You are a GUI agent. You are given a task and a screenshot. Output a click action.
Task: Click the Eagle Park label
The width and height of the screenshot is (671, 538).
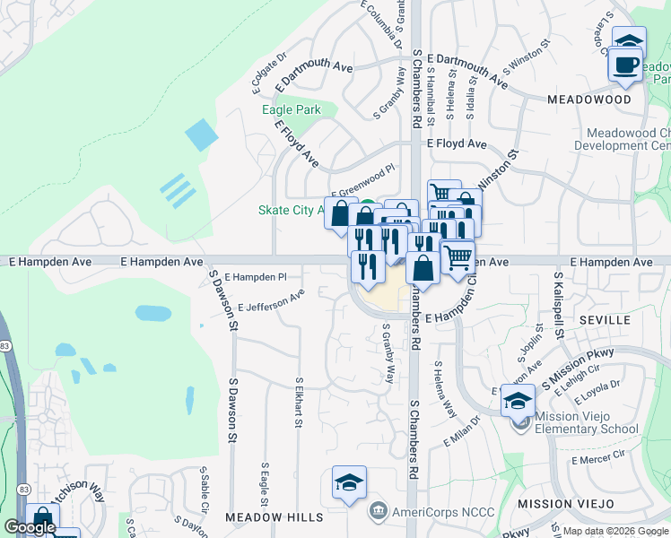click(x=291, y=109)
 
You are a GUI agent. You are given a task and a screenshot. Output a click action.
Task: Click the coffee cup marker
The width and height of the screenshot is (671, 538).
click(x=627, y=64)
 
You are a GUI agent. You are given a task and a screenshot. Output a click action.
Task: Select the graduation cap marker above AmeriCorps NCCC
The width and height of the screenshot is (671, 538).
click(x=349, y=482)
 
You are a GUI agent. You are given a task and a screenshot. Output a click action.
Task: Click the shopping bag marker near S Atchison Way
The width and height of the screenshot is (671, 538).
click(x=42, y=519)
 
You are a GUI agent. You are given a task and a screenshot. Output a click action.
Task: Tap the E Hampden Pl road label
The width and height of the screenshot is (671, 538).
click(x=255, y=277)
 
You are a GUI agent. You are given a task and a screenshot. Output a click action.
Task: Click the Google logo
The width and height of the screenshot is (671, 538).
click(x=30, y=527)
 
